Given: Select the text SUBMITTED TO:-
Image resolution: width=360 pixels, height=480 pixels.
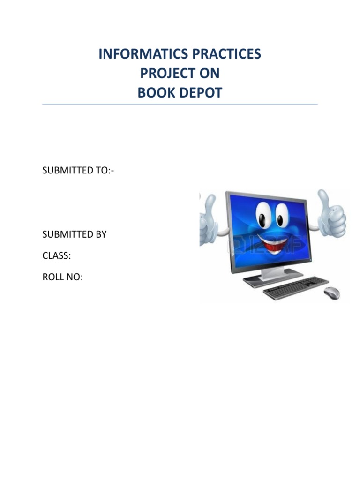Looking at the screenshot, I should point(78,171).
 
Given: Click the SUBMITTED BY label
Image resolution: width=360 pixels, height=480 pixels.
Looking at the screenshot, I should point(75,234).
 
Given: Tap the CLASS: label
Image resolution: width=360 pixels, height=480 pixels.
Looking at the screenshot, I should point(57,256).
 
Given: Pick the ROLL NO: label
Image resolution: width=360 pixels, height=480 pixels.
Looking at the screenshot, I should point(62,277).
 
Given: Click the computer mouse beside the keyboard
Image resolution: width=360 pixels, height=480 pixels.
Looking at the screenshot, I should point(332,292).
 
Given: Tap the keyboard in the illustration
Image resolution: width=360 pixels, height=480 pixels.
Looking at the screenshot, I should point(296,287).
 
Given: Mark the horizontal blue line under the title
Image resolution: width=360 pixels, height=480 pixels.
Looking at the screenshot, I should point(180,104).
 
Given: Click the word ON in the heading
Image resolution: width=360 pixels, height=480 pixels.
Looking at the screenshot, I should point(211,74).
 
